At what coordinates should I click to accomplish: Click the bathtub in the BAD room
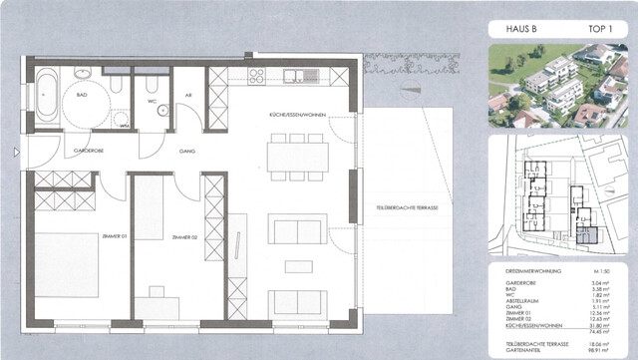click(47, 98)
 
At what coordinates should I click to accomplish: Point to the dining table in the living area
click(297, 156)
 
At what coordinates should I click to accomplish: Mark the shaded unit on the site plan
click(590, 236)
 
